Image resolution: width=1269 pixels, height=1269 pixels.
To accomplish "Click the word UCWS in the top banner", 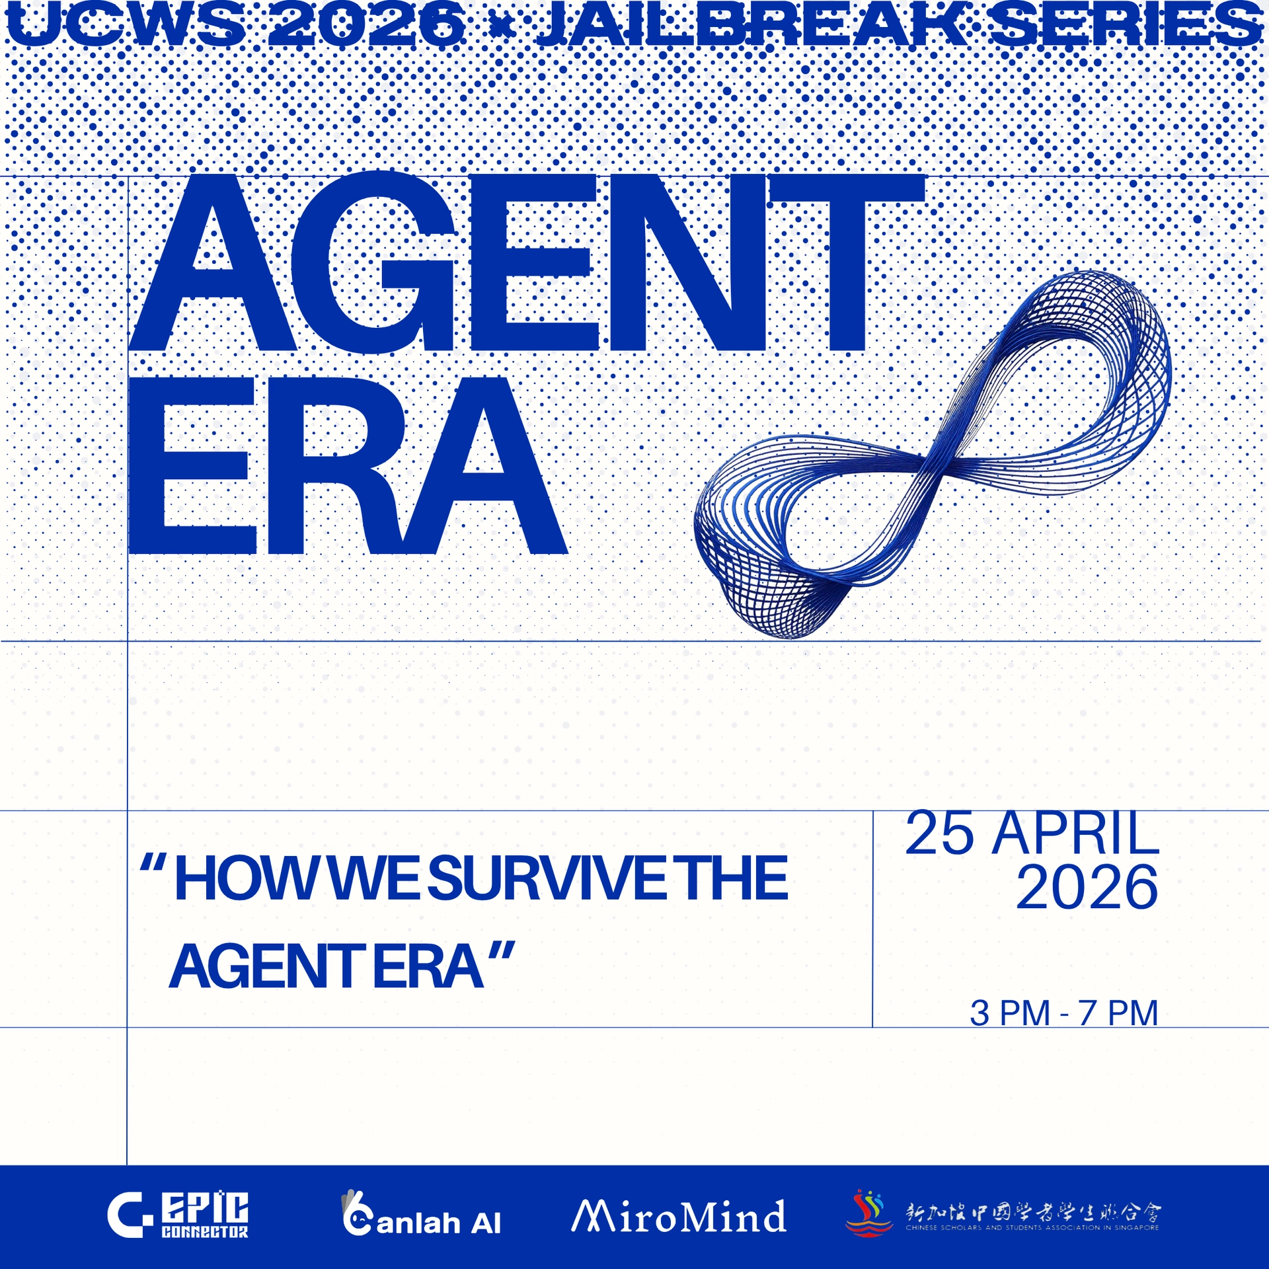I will pos(126,25).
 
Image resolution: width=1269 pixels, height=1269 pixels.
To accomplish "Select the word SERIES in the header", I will pos(1127,25).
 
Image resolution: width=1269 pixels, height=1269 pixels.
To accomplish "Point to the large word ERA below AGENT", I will pos(347,466).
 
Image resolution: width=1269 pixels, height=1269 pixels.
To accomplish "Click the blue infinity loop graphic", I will pos(932,456).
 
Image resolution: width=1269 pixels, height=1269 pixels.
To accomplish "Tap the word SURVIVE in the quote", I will pos(549,879).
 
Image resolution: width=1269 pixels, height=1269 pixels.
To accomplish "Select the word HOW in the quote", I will pos(248,879).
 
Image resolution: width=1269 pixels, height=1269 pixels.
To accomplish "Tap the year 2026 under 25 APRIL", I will pos(1087,888).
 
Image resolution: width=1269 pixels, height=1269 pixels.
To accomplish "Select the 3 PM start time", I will pos(1010,1013).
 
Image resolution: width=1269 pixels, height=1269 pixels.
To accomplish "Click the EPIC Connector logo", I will pos(178,1215).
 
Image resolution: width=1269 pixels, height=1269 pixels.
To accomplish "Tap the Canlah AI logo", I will pos(421,1215).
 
